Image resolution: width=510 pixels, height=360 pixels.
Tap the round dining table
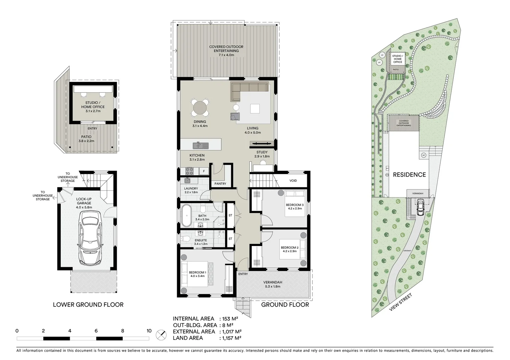click(200, 108)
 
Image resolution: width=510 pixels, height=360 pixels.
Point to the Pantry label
click(220, 184)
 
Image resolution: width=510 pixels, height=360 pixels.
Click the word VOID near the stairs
click(293, 181)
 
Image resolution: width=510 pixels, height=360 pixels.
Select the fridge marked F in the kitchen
click(203, 171)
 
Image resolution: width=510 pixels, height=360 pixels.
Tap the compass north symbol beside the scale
click(161, 334)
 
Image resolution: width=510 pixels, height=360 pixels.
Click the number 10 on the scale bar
click(149, 331)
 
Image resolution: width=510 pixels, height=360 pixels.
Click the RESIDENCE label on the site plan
click(409, 175)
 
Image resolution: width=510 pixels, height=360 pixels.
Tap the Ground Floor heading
click(285, 305)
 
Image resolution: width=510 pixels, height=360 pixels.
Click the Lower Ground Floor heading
click(88, 305)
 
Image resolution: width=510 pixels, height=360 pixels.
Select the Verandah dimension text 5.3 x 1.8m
click(273, 286)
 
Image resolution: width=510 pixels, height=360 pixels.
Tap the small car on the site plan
click(420, 207)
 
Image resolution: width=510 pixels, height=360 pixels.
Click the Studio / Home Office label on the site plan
click(397, 59)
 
